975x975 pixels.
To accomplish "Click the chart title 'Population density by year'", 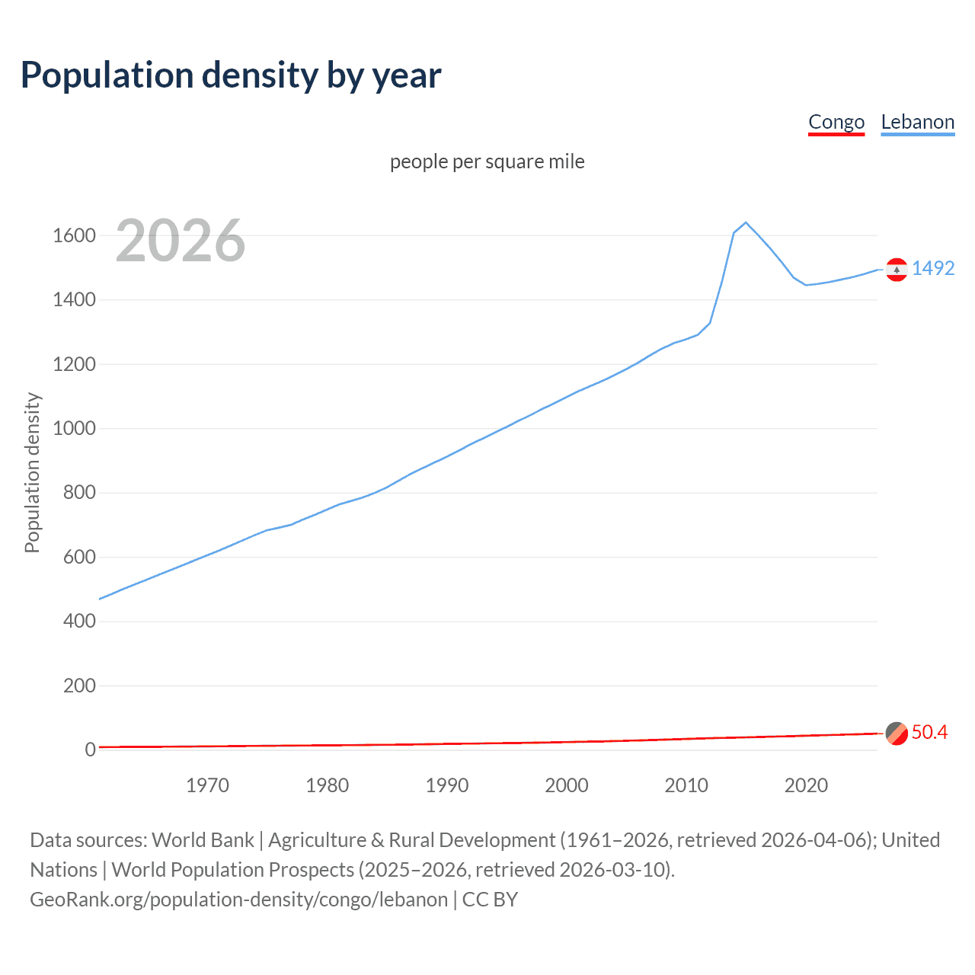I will [231, 75].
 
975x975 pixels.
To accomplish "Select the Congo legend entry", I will [836, 122].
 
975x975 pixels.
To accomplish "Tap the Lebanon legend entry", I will [917, 122].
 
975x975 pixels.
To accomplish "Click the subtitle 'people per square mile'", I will [487, 161].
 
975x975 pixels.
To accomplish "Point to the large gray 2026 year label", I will [181, 241].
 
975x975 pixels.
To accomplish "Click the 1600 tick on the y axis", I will [74, 235].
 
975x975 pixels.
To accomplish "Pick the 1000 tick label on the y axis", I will [74, 428].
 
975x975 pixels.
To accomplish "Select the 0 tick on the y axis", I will [90, 750].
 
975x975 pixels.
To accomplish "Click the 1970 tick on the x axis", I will [207, 785].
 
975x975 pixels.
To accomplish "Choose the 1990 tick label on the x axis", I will [447, 785].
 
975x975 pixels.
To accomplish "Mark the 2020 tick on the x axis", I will [806, 785].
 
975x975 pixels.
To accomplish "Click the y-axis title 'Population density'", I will [32, 472].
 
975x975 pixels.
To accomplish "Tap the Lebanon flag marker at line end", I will [897, 270].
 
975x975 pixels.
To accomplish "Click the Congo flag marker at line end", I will [897, 733].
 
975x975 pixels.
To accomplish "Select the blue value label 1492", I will [933, 268].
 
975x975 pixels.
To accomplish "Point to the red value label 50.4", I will [929, 732].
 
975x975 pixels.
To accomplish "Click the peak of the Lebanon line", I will [746, 222].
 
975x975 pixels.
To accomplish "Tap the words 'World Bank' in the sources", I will [203, 840].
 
